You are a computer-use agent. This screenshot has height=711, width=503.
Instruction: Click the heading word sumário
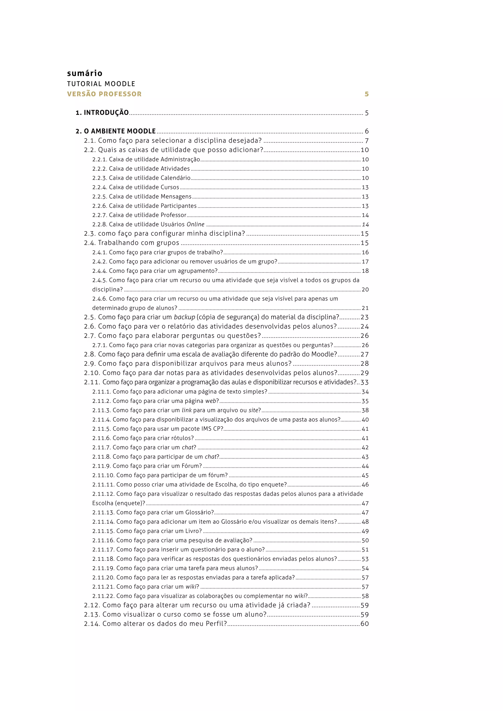[84, 73]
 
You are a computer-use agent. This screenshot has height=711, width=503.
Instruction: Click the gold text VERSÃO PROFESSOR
[104, 94]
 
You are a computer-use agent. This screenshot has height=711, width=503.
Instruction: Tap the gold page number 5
[366, 94]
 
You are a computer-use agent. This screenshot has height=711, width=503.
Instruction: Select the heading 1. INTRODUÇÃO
[102, 113]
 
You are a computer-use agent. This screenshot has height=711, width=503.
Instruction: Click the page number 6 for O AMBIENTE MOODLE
[367, 131]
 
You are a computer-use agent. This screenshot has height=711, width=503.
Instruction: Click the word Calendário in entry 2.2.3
[175, 178]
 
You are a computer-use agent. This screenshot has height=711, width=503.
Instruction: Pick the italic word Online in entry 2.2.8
[196, 224]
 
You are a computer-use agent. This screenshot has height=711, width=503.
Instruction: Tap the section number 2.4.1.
[99, 252]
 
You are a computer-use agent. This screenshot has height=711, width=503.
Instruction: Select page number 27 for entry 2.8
[364, 354]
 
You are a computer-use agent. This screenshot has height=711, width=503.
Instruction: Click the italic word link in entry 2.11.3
[186, 410]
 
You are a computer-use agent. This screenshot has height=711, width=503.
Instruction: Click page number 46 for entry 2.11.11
[365, 485]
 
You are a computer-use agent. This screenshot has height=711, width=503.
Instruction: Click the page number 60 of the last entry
[364, 624]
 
